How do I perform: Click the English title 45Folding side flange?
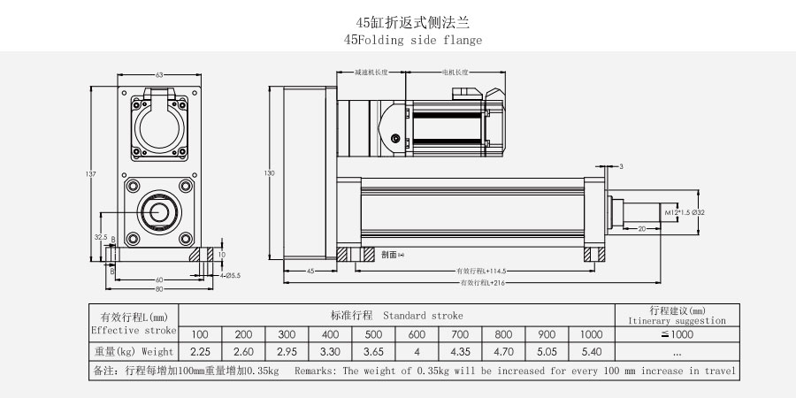(414, 40)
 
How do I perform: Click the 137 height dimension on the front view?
(91, 173)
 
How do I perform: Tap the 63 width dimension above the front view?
(160, 74)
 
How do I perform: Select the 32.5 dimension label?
(100, 237)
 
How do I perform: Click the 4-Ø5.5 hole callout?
(229, 275)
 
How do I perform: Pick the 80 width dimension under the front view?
(160, 288)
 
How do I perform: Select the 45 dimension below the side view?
(310, 272)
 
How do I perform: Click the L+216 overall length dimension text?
(483, 283)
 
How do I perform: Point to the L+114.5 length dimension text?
(481, 271)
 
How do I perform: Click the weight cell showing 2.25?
(200, 352)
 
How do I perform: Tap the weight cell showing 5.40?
(590, 352)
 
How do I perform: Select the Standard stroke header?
(396, 315)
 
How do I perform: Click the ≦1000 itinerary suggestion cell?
(677, 334)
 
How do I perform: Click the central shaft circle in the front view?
(161, 211)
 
